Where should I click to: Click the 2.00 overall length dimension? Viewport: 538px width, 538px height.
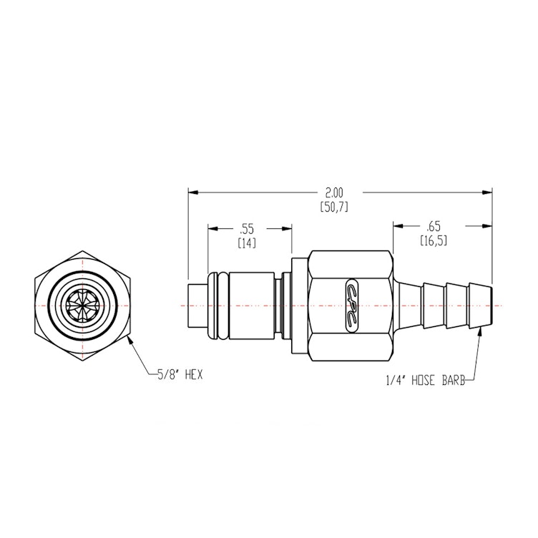pyautogui.click(x=334, y=192)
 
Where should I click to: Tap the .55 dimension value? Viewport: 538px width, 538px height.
pyautogui.click(x=247, y=229)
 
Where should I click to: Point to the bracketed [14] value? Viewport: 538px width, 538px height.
pyautogui.click(x=247, y=243)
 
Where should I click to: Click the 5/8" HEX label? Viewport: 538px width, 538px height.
pyautogui.click(x=179, y=374)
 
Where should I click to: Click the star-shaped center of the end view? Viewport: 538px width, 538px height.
pyautogui.click(x=84, y=305)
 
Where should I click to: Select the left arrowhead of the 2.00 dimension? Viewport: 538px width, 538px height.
pyautogui.click(x=192, y=192)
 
